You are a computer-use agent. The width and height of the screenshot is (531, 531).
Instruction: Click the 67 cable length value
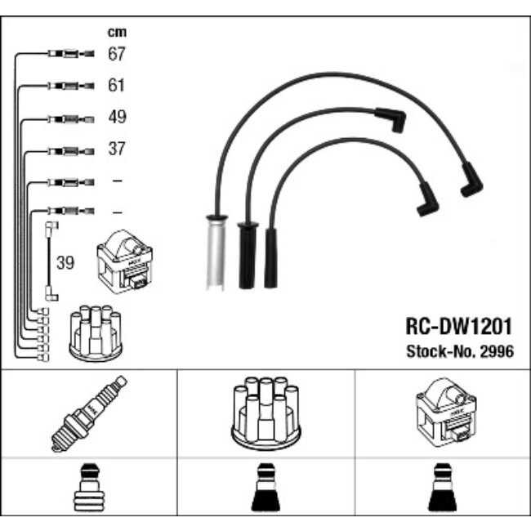coord(117,53)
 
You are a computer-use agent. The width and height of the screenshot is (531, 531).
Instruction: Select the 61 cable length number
coord(116,85)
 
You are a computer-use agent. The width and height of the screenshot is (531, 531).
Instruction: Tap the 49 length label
coord(117,117)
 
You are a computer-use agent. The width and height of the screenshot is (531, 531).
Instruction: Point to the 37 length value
coord(117,149)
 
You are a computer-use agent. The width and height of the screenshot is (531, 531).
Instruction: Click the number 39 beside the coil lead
coord(65,263)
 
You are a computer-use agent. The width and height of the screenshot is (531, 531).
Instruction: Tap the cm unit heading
coord(117,32)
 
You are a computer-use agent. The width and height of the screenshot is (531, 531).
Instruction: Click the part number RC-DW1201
coord(458,327)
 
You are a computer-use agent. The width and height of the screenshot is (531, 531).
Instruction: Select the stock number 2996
coord(498,351)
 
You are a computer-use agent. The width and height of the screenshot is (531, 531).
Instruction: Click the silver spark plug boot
coord(216,252)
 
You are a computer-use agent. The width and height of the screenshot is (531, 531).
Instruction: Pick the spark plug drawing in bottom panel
coord(89,414)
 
